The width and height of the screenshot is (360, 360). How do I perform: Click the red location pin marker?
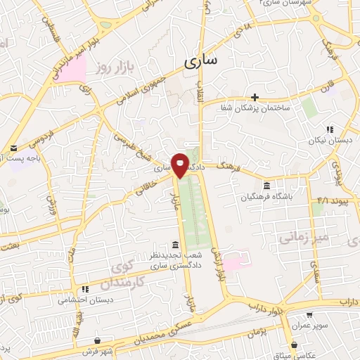coord(181,163)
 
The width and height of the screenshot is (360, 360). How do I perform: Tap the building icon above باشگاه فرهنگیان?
coord(266,186)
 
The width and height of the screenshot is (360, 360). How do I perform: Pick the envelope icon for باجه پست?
coord(14,149)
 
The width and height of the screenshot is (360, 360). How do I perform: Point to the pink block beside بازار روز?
coord(72,69)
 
